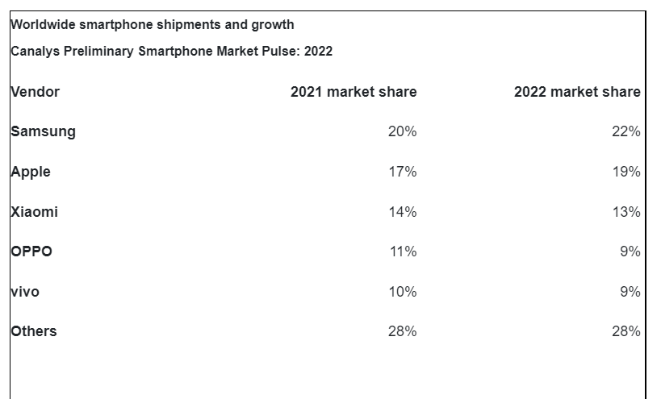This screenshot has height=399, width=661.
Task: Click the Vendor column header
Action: [35, 92]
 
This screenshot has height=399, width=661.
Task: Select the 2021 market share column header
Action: [354, 92]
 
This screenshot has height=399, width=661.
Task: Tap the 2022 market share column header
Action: [577, 92]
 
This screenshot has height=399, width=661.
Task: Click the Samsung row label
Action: [44, 131]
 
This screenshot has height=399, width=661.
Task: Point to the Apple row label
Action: [31, 172]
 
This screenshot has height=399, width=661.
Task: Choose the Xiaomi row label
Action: [35, 212]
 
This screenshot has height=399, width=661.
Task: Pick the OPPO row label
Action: [31, 251]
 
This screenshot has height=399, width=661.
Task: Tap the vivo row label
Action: [25, 292]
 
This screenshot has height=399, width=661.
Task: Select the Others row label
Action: [34, 331]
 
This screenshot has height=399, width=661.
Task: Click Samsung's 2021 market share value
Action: [402, 131]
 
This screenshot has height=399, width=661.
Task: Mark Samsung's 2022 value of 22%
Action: [625, 131]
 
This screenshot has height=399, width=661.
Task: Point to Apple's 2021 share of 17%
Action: [402, 172]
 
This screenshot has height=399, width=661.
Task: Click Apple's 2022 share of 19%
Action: [625, 172]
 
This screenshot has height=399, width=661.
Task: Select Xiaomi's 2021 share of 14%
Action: [402, 212]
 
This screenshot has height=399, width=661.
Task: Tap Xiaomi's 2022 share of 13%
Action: [625, 212]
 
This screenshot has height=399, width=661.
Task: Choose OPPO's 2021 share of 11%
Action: [402, 251]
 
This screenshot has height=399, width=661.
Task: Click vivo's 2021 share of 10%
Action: [402, 292]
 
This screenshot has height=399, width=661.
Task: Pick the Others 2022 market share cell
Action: [625, 331]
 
